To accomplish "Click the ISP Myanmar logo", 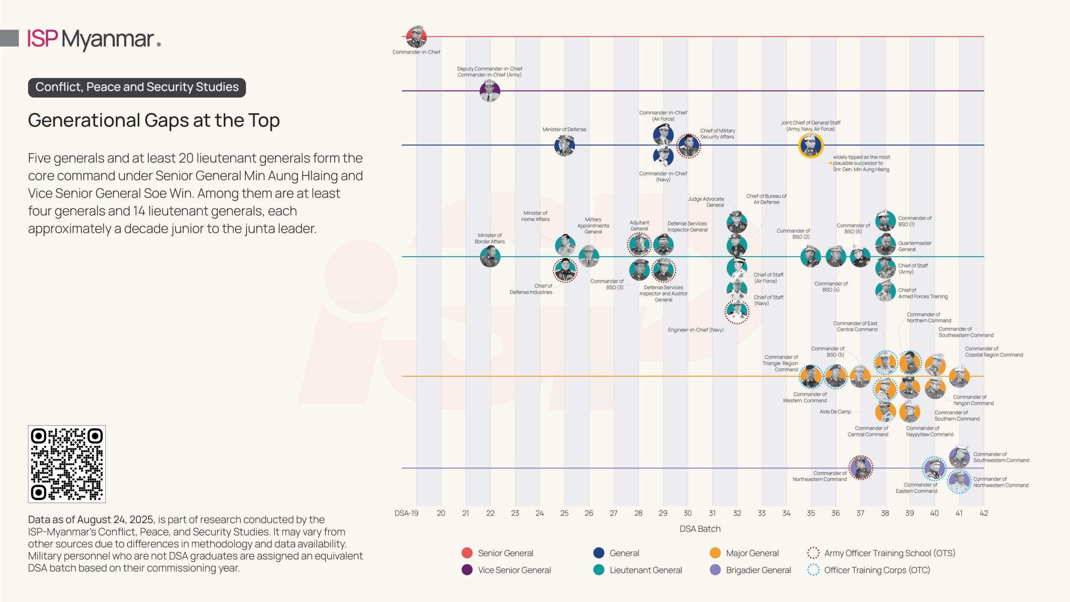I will click(94, 39).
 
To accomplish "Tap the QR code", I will click(67, 464).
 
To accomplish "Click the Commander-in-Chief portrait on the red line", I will click(416, 37).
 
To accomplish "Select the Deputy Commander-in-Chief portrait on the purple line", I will click(490, 91).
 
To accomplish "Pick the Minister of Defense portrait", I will click(564, 145).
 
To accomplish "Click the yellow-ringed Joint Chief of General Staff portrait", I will click(811, 145).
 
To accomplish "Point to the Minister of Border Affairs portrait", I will click(490, 256).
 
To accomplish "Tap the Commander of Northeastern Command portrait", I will click(861, 467).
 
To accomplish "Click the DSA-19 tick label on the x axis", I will click(406, 513).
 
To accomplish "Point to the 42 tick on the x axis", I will click(984, 513).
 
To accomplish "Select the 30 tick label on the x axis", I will click(688, 513).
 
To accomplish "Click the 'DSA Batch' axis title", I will click(700, 529).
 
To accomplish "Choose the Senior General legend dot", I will click(467, 553).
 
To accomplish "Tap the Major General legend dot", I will click(715, 553).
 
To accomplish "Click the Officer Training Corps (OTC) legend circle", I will click(813, 570).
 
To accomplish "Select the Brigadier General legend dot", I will click(715, 570).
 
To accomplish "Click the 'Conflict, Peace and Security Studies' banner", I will click(137, 87).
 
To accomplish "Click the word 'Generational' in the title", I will click(84, 120).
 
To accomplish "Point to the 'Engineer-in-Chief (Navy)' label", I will click(695, 330).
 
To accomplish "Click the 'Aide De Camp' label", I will click(835, 412).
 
